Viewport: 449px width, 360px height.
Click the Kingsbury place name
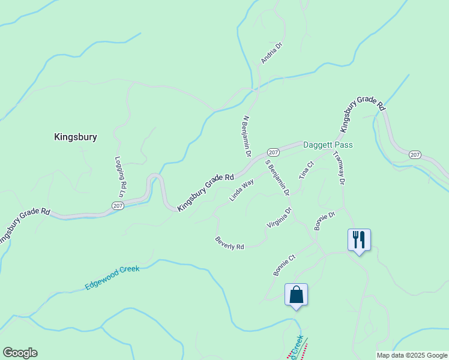click(x=76, y=137)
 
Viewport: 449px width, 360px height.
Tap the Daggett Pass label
click(x=328, y=145)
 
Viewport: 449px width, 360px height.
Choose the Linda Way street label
click(x=241, y=190)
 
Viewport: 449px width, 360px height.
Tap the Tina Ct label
click(x=307, y=170)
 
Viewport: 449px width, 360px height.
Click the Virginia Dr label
click(x=279, y=218)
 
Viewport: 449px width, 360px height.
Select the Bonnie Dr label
click(x=324, y=220)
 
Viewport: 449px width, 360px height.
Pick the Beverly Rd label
click(x=229, y=243)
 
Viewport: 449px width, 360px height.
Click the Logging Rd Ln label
click(x=119, y=177)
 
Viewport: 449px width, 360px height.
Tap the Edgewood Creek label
click(x=112, y=278)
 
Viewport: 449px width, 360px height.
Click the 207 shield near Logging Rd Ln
click(x=118, y=205)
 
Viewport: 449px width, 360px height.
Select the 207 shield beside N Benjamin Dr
click(x=273, y=152)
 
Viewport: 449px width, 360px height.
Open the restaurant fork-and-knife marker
click(x=359, y=240)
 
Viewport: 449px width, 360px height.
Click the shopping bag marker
click(x=296, y=295)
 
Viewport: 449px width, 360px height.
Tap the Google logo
click(x=20, y=353)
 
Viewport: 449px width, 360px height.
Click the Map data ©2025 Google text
click(x=412, y=355)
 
